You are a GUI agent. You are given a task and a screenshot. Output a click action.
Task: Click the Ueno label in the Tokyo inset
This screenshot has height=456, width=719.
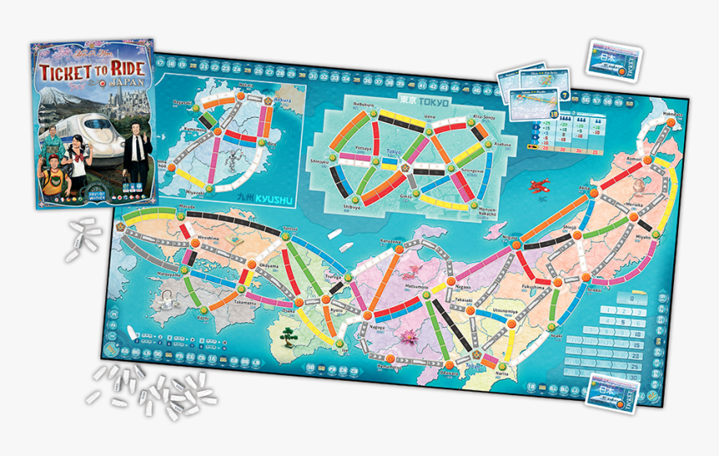tap(430, 117)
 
